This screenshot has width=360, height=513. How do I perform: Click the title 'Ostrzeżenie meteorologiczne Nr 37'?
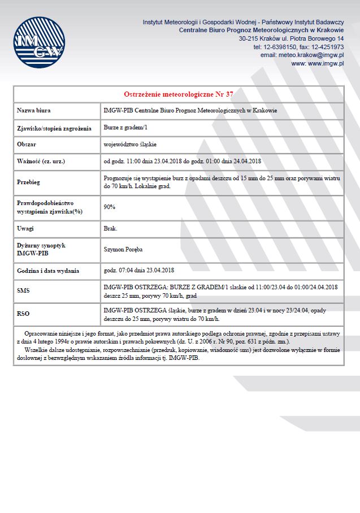point(179,94)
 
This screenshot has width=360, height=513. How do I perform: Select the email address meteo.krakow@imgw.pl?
point(302,55)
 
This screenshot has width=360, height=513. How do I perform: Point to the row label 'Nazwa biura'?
point(34,111)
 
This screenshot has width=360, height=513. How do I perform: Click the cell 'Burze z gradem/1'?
point(125,128)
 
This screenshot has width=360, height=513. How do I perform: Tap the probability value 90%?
point(110,207)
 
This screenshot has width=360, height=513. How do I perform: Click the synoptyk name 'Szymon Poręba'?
point(123,249)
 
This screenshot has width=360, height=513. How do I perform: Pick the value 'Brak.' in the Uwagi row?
point(111,228)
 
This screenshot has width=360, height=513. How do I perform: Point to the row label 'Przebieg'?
point(29,182)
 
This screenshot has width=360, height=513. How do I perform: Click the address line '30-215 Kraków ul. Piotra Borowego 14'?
point(291,38)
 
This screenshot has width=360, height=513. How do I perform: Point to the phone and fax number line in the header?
point(298,47)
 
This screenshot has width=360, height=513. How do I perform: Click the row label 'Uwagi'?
point(25,228)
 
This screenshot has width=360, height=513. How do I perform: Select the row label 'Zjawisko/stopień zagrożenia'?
point(54,128)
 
